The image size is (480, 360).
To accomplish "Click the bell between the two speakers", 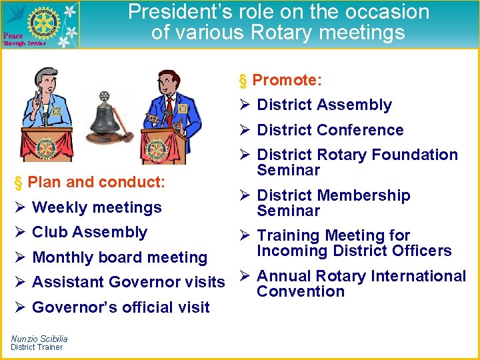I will tap(105, 116).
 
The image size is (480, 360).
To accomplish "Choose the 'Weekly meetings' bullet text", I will tap(97, 207).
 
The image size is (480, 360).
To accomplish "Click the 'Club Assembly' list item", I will tap(89, 232).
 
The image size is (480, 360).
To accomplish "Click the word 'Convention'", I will tap(300, 291).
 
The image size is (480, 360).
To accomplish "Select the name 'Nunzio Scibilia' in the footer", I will tap(39, 339).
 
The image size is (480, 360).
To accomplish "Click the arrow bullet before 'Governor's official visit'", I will tap(20, 307).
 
